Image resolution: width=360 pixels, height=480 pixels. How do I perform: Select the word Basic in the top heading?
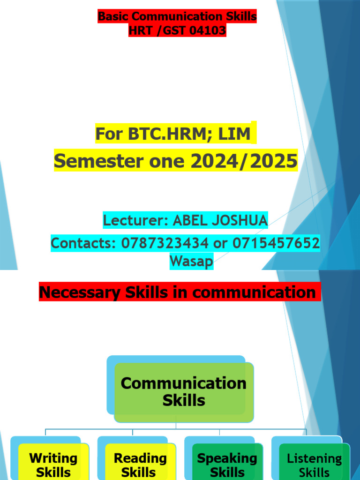coord(113,16)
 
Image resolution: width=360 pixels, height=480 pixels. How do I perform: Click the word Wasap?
coord(191,261)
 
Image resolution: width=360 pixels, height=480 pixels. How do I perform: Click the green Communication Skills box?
coord(184,392)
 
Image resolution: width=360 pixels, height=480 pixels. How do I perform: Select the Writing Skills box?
coord(53,464)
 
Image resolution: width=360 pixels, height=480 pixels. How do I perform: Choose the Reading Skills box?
coord(140,464)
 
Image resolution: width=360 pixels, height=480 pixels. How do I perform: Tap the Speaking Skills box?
coord(227,464)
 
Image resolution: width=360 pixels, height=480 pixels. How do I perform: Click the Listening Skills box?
coord(315,464)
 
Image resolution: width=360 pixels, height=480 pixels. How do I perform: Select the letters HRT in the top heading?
coord(141,31)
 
